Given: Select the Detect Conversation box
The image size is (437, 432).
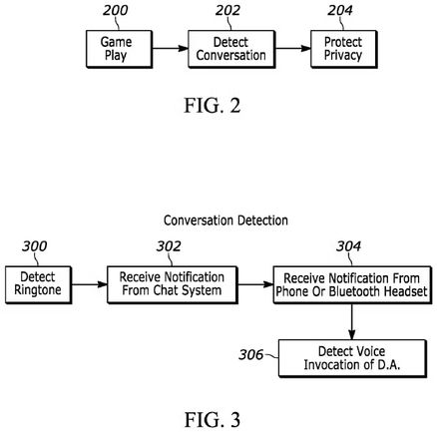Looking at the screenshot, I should [230, 48].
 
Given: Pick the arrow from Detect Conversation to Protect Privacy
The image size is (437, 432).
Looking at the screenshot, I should [290, 48].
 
